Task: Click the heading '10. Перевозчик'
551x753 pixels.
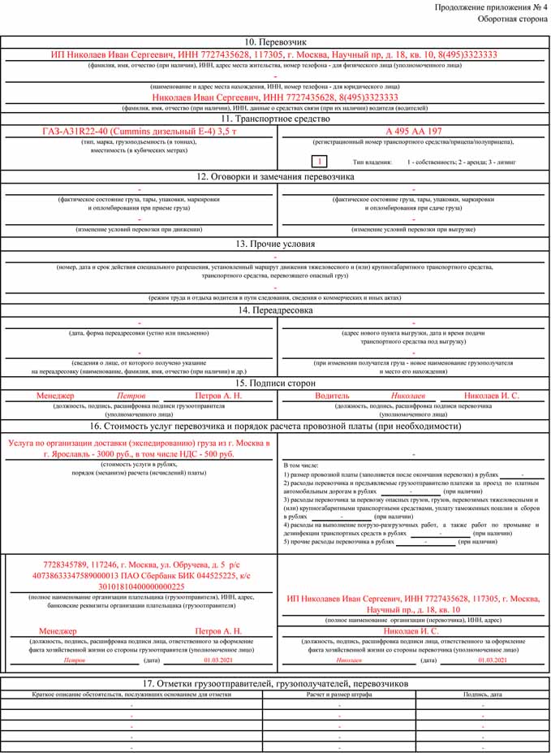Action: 274,41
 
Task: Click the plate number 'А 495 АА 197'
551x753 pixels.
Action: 414,131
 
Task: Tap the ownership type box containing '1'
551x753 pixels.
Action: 321,162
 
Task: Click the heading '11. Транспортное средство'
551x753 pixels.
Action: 274,119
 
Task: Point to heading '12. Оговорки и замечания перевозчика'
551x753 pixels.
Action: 274,175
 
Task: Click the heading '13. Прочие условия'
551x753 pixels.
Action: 274,244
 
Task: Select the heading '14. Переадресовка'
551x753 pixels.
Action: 274,309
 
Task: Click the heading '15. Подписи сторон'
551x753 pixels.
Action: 274,383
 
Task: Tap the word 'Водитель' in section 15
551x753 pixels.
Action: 332,396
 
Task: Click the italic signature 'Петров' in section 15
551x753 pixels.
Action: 131,396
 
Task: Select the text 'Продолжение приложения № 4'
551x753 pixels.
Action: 490,6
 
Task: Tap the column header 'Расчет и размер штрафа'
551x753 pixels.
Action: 339,695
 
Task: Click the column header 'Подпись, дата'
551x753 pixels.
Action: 482,695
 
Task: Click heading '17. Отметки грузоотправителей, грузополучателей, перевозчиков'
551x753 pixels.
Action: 274,682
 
